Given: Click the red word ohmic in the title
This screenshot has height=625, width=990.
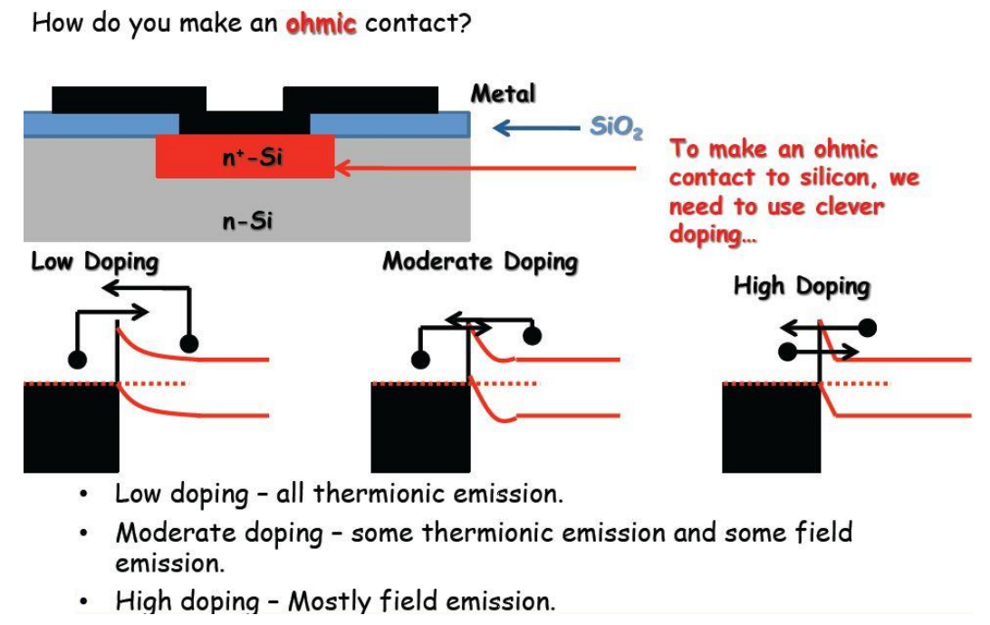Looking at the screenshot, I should (x=321, y=24).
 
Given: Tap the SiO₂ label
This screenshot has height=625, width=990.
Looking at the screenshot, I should (x=616, y=128).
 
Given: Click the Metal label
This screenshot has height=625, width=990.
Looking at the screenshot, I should (x=503, y=93).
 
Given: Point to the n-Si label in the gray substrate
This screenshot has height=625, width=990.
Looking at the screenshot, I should (x=247, y=221).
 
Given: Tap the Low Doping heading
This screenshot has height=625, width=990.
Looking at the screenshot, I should (x=94, y=263).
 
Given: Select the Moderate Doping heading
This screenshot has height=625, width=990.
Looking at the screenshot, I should (x=479, y=262).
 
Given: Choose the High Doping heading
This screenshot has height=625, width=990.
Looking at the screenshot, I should (x=801, y=287).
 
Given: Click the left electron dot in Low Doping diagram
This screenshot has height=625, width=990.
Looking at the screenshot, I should (x=78, y=360).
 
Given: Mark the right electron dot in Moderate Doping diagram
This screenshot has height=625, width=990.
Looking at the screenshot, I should (x=533, y=336).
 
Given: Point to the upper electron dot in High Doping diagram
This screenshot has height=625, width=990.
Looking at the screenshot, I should (x=867, y=326).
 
